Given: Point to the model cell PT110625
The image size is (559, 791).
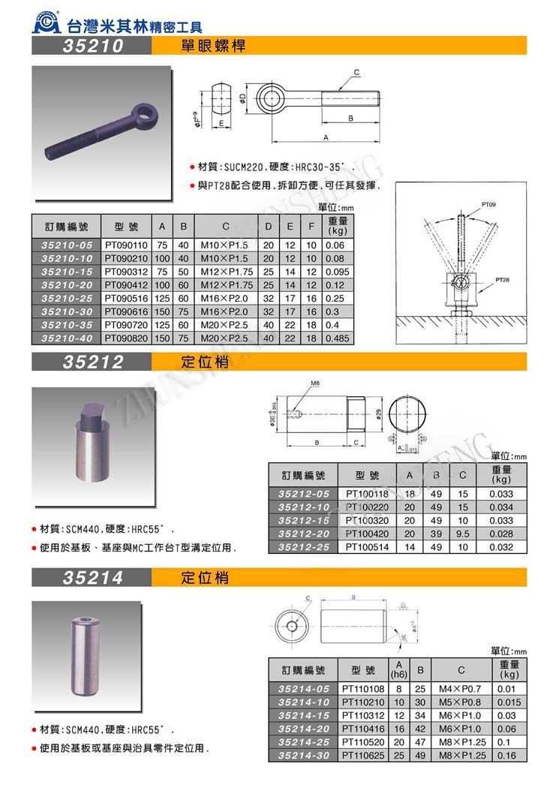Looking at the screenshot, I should click(x=362, y=756).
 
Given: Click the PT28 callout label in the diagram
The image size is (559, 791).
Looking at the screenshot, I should click(x=502, y=279).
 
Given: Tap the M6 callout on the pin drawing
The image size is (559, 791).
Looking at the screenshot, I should click(x=315, y=383).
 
